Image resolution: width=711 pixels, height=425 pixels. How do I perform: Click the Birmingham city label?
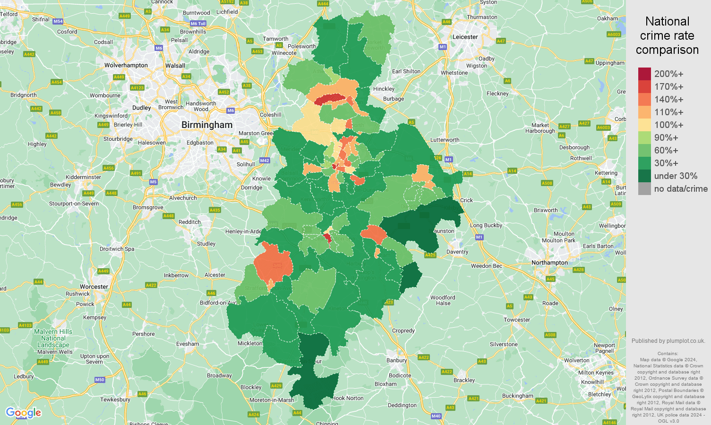(x=207, y=125)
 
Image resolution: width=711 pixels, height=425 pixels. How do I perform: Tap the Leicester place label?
(x=465, y=37)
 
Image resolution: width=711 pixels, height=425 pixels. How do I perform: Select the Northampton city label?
(x=549, y=263)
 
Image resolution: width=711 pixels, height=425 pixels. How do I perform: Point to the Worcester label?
(x=94, y=287)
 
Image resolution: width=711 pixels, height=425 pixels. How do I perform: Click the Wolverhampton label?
(x=126, y=65)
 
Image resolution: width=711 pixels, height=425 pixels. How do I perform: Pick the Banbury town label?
(x=396, y=360)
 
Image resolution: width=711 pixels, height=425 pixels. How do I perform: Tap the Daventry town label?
(x=457, y=252)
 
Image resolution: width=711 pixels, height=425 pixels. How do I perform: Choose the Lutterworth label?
(x=445, y=140)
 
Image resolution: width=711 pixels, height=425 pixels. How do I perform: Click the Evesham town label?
(x=188, y=344)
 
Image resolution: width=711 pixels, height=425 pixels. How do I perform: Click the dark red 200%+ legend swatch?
(x=644, y=74)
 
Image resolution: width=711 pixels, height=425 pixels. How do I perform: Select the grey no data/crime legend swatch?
(x=644, y=189)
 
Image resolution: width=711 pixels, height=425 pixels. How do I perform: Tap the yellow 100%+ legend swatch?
(x=644, y=125)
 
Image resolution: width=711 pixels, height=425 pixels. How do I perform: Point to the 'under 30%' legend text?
(x=676, y=176)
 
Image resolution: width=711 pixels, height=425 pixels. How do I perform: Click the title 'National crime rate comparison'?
(x=667, y=35)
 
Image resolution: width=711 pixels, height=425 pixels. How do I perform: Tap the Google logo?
(x=23, y=413)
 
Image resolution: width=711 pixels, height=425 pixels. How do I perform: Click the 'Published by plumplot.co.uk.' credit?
(x=668, y=341)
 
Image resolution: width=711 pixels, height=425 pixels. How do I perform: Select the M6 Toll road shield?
(x=198, y=24)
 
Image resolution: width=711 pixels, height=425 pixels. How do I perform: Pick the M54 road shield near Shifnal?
(x=58, y=21)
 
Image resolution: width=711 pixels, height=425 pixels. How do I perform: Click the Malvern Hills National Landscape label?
(x=53, y=339)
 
